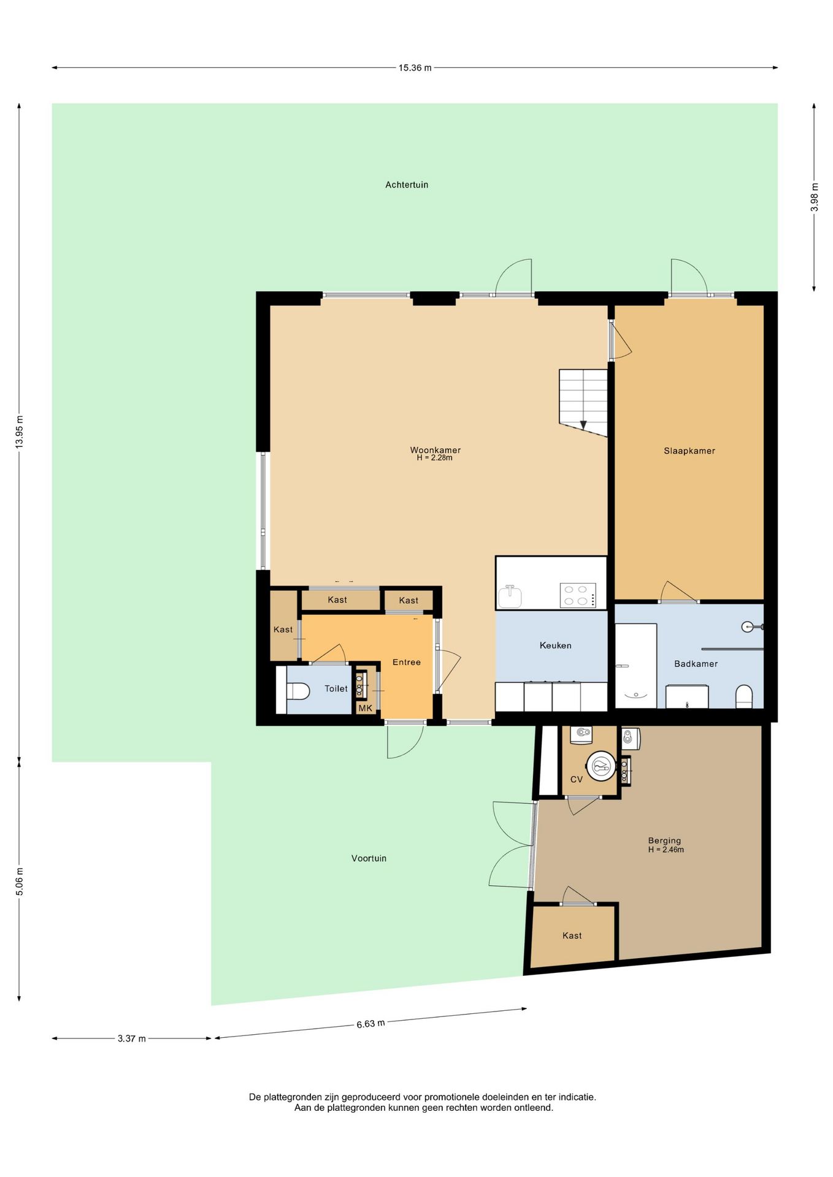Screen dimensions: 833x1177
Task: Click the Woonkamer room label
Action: click(x=435, y=450)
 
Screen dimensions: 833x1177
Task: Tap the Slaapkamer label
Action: click(x=689, y=451)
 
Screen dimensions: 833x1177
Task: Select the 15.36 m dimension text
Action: click(x=415, y=68)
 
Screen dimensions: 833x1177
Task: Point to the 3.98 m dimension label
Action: click(x=814, y=197)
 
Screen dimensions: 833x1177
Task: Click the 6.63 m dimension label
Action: click(x=370, y=1024)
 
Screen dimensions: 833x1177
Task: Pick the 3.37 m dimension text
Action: click(x=132, y=1038)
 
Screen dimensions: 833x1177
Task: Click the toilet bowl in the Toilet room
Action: click(x=298, y=691)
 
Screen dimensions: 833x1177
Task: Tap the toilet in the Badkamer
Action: click(x=744, y=696)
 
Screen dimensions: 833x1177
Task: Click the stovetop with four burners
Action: click(x=578, y=595)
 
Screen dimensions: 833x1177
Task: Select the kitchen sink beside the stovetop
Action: click(x=510, y=596)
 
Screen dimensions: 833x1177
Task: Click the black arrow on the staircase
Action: click(x=583, y=424)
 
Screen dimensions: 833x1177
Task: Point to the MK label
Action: click(x=365, y=708)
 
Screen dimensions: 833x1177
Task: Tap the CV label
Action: click(x=577, y=779)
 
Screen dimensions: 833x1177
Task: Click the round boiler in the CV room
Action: click(x=601, y=766)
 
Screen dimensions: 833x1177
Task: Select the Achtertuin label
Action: click(x=407, y=185)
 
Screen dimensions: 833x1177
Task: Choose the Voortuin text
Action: click(x=369, y=858)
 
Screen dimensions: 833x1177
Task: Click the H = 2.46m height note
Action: click(x=666, y=850)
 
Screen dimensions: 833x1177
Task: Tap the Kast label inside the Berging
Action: click(x=572, y=935)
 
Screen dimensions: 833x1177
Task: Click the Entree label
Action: click(x=407, y=662)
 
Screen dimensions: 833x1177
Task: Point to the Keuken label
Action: click(x=555, y=645)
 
